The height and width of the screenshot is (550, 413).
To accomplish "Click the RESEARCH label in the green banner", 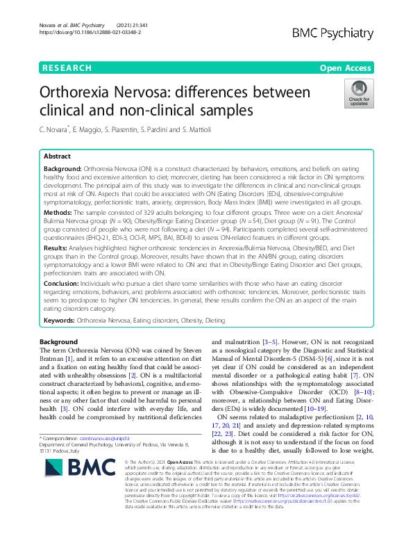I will tap(67, 68).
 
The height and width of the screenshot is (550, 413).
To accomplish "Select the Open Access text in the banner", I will tap(344, 68).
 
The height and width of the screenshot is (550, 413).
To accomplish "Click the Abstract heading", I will tap(58, 156).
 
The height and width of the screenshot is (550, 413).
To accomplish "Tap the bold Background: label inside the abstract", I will tap(62, 170).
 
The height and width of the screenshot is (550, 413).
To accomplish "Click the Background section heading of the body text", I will tap(59, 342).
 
